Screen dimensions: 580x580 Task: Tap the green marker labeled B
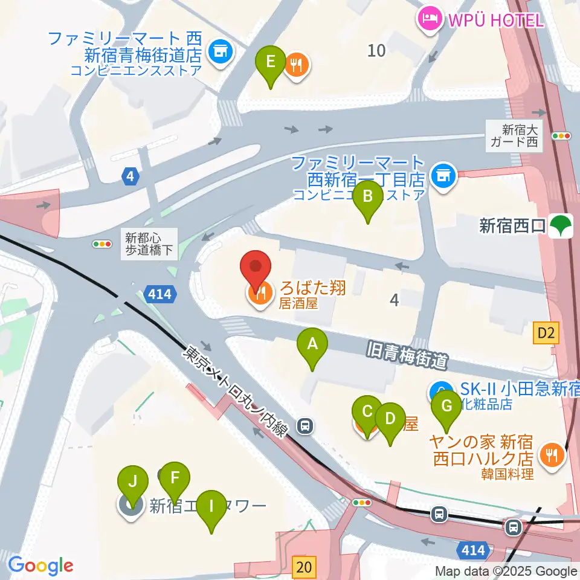pyautogui.click(x=368, y=198)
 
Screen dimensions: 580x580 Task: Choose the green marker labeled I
pyautogui.click(x=211, y=506)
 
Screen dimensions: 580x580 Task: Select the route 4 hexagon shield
pyautogui.click(x=130, y=177)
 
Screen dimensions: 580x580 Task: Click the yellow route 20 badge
pyautogui.click(x=304, y=566)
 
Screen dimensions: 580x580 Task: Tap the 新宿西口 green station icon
pyautogui.click(x=562, y=226)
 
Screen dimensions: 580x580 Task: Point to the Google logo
pyautogui.click(x=40, y=565)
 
